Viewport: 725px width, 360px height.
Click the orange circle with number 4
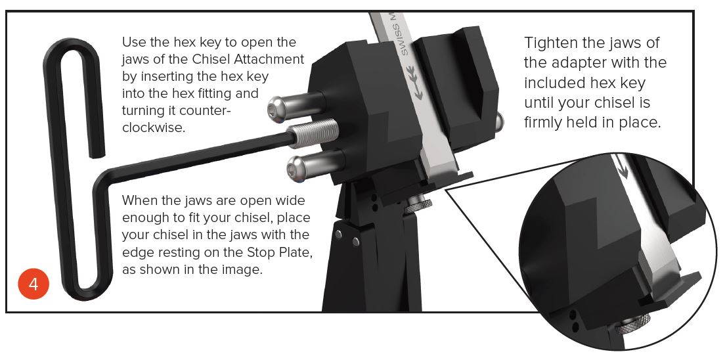point(33,283)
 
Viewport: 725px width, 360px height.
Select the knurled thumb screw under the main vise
point(418,204)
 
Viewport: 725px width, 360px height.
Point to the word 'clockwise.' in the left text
point(154,128)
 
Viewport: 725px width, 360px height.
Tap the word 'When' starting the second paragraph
point(139,201)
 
